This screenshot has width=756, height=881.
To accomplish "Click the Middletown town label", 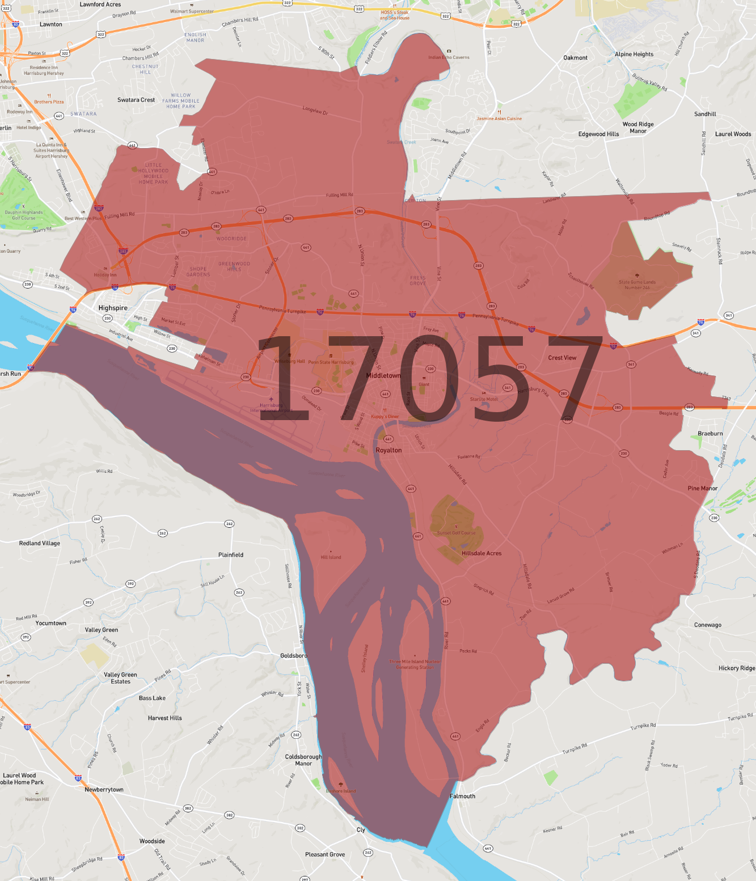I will point(383,376).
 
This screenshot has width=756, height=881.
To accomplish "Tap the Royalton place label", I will point(388,450).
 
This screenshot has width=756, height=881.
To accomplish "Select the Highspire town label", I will point(113,308).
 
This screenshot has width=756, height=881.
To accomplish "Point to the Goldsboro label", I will point(294,655).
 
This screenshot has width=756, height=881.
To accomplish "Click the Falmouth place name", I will point(462,796).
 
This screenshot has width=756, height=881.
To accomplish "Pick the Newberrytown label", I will point(104,790).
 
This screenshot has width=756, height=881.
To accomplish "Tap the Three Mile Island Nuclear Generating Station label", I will point(415,664).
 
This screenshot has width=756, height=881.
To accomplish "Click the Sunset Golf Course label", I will point(456,533).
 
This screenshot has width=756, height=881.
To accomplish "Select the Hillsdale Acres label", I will point(482,553).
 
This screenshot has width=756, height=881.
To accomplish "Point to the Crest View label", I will point(562,358).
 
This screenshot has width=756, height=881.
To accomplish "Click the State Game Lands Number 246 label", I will point(637,285).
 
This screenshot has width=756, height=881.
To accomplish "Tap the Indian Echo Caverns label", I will point(449,57).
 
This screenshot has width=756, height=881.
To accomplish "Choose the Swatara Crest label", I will point(136,100).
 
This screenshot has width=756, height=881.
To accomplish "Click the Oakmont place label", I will point(575,58).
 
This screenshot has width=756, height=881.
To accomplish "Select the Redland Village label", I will point(40,543).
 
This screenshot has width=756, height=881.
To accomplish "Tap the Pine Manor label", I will point(703,488).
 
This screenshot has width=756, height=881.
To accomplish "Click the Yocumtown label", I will point(51,623).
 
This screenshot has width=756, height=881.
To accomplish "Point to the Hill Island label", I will point(331,557).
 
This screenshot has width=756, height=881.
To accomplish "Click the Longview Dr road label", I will point(315,110).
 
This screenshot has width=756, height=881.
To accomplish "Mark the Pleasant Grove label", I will point(325,854).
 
